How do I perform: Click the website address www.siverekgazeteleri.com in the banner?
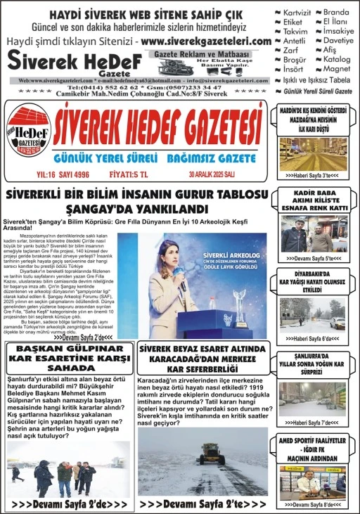(x=205, y=41)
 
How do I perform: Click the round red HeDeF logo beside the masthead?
(x=28, y=134)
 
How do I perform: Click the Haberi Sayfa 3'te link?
(x=313, y=175)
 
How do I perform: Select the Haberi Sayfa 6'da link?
(x=313, y=338)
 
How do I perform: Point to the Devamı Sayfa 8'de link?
(x=313, y=504)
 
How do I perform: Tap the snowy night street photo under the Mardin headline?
(x=313, y=153)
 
